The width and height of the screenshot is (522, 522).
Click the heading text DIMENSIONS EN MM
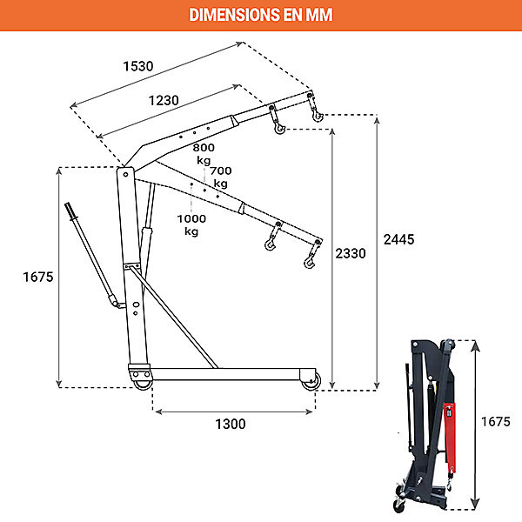click(261, 15)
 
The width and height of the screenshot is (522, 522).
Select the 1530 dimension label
click(138, 66)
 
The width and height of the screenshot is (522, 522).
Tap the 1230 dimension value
click(164, 100)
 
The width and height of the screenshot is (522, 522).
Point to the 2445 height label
click(398, 239)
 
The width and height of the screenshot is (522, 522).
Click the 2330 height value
click(351, 253)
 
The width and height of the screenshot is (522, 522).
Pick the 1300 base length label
click(231, 425)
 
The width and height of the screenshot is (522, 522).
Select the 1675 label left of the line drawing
click(38, 277)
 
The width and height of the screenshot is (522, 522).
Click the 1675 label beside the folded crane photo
click(496, 422)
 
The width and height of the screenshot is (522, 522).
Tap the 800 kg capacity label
click(204, 153)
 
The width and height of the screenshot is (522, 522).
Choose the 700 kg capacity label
click(221, 177)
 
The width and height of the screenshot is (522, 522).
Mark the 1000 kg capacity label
click(191, 224)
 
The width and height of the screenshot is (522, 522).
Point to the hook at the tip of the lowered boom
click(309, 263)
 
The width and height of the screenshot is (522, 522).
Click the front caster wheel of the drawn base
click(311, 381)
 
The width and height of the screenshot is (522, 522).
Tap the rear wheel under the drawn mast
click(144, 384)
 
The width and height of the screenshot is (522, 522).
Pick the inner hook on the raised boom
click(279, 128)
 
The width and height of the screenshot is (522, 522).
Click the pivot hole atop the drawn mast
click(126, 175)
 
